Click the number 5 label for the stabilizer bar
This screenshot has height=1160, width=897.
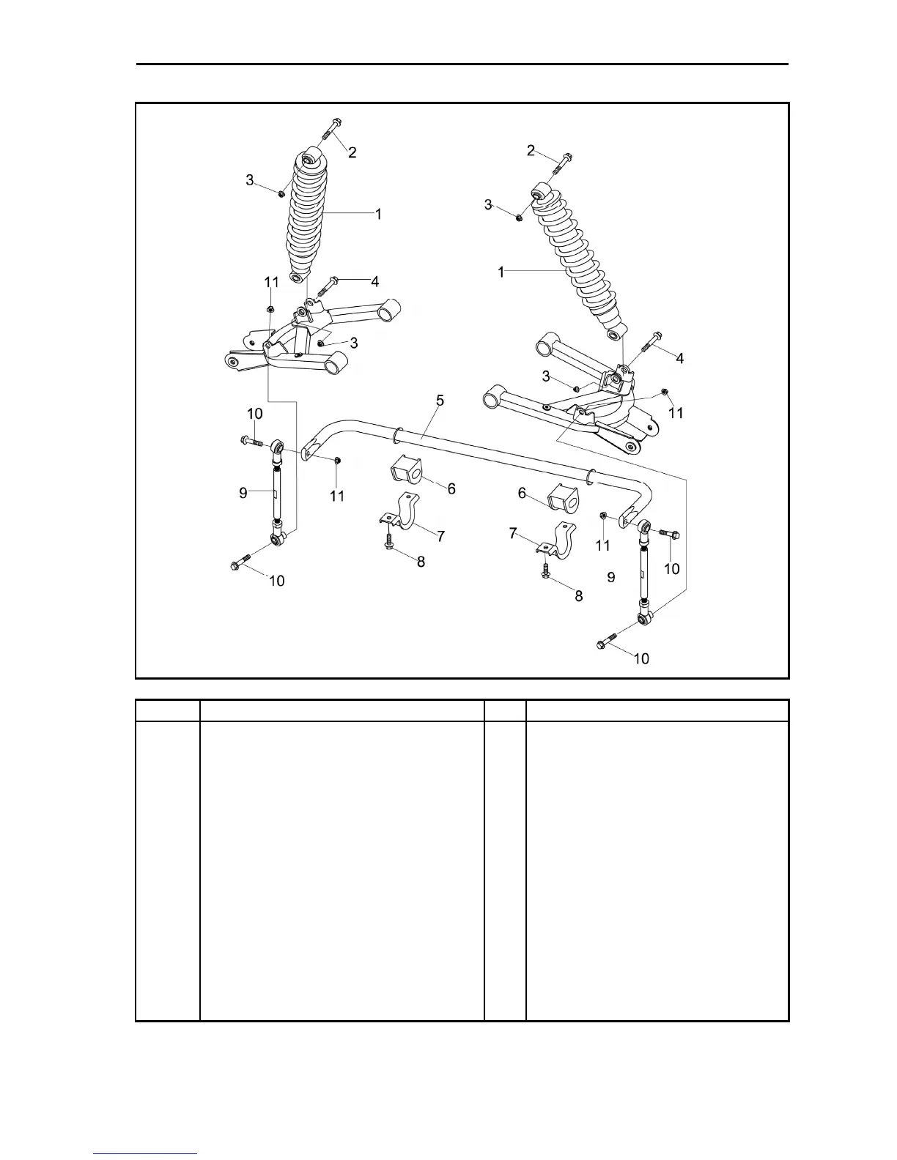tap(440, 401)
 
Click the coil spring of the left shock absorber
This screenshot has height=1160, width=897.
tap(306, 220)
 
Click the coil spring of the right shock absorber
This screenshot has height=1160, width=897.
tap(579, 264)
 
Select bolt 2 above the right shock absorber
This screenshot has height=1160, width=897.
tap(563, 164)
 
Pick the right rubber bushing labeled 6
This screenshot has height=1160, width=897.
tap(563, 497)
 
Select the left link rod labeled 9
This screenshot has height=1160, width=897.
tap(278, 491)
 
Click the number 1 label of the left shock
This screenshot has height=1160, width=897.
tap(378, 215)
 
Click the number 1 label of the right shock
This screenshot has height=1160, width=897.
tap(501, 272)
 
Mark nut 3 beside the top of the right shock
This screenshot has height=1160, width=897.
tap(520, 217)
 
